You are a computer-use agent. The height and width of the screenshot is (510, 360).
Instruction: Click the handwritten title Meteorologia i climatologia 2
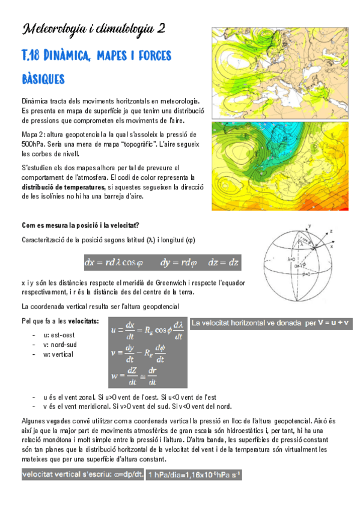point(93,29)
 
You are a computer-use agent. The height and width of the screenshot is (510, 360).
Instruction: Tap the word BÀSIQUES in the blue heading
point(43,78)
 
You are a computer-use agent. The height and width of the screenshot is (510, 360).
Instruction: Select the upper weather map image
point(276,73)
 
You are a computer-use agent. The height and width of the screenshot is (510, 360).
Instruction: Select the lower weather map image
point(276,166)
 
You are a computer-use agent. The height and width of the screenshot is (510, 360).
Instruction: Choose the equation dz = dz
point(223,262)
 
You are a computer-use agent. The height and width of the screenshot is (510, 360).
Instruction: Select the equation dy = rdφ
point(175,262)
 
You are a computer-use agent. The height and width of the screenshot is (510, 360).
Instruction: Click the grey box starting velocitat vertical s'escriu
point(82,475)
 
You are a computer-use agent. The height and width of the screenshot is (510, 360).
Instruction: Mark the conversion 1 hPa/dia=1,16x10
point(195,475)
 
